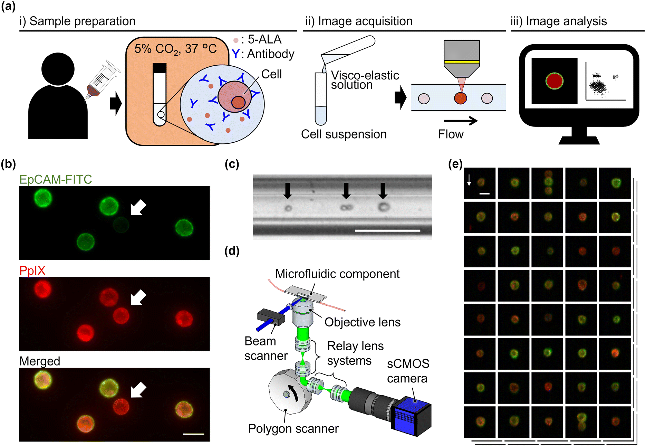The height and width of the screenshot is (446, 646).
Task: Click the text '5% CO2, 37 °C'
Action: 175,49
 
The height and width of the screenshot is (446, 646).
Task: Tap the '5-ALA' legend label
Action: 264,39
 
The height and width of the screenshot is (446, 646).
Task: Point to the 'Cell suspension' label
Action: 344,134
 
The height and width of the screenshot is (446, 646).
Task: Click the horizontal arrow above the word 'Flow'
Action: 460,121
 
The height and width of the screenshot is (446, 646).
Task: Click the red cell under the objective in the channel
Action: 460,98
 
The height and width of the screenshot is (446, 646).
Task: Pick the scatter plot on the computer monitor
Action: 605,85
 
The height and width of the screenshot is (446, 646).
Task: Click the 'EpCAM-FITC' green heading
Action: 56,179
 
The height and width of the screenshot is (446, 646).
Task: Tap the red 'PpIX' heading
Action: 32,271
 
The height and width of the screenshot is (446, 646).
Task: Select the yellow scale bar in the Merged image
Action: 193,434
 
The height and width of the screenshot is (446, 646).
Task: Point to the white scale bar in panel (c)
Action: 387,230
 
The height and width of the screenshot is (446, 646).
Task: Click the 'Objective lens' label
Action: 362,322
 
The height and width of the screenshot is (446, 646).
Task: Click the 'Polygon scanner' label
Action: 293,428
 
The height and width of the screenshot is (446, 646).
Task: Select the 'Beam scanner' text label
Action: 266,348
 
